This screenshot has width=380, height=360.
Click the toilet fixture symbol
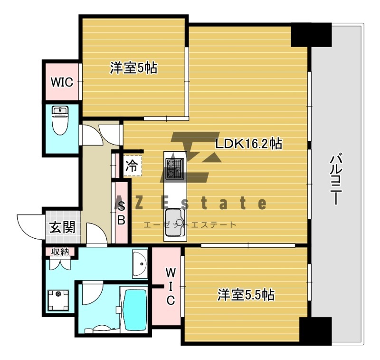point(60,121)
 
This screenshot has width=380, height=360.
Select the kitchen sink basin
point(175,223)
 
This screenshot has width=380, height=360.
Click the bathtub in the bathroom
point(135,309)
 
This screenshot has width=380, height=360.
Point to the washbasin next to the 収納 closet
point(140,264)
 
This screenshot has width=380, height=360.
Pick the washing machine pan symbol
point(58,301)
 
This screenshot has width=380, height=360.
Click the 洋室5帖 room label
point(133,68)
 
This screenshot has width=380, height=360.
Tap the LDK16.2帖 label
point(249,144)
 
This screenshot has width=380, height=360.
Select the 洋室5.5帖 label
point(246,295)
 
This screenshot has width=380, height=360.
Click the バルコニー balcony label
point(336,179)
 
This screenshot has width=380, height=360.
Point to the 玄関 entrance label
point(62,227)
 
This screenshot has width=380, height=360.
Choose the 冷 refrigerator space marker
point(132,166)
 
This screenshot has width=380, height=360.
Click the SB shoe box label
point(121,214)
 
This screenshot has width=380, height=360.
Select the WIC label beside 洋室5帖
point(62,82)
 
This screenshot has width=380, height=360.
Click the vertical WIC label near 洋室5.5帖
point(171,287)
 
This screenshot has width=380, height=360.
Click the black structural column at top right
point(311,35)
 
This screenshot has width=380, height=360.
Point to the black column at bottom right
point(315,331)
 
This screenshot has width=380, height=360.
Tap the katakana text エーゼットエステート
point(190,225)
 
